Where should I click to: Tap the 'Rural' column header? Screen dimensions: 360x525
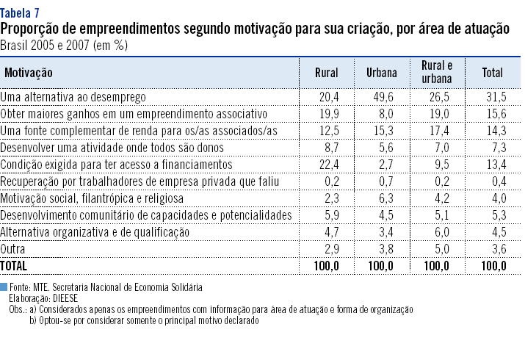point(326,73)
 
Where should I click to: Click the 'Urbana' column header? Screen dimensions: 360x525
point(382,73)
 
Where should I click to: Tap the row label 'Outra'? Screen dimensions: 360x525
point(14,248)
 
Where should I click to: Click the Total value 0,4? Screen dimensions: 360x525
point(499,181)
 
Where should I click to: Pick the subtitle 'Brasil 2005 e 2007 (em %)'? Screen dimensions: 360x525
point(64,46)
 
